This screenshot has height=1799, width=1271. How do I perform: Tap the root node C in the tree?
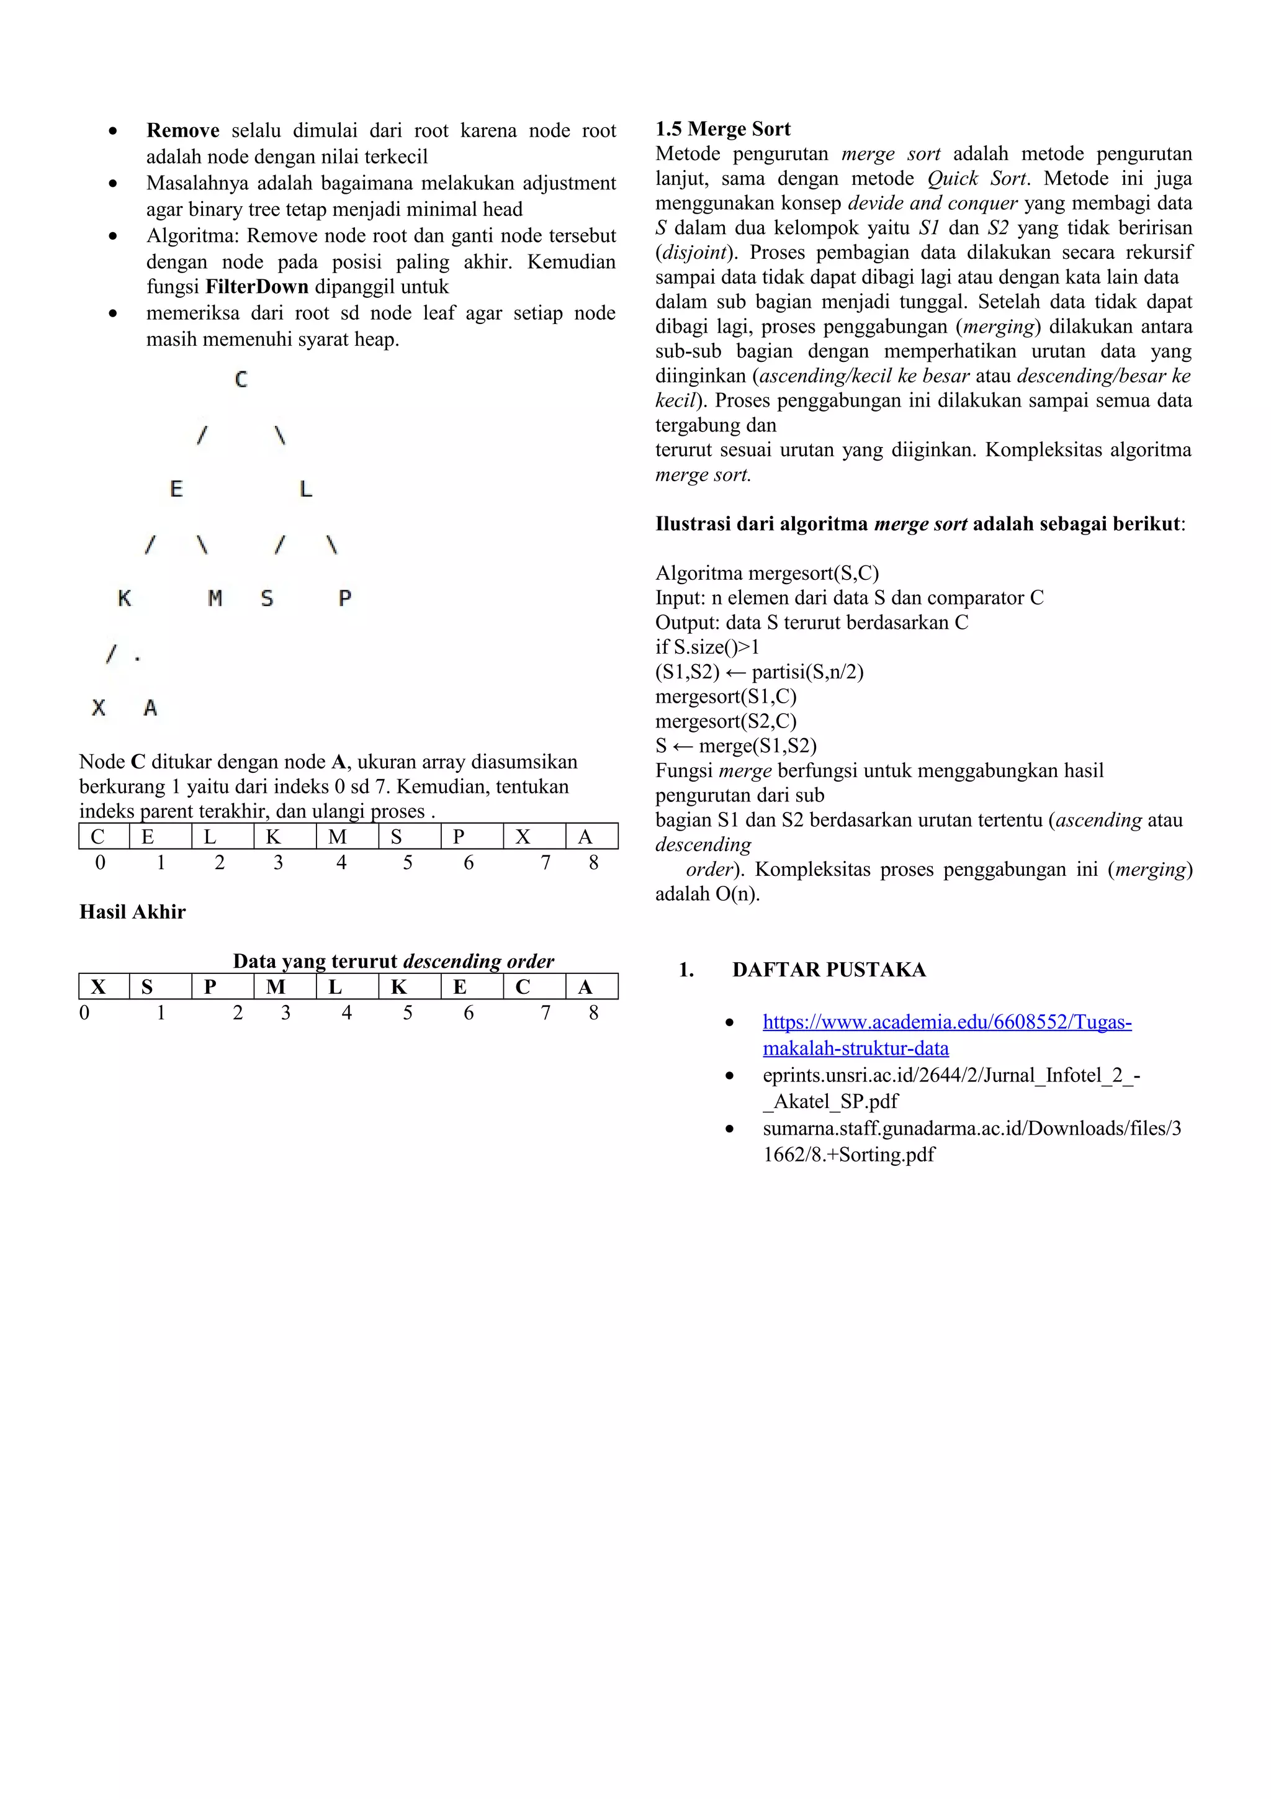click(241, 379)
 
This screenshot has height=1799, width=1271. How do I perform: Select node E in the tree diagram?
click(176, 489)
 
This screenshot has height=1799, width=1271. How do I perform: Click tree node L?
click(305, 489)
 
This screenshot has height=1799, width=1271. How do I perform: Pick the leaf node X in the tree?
click(99, 708)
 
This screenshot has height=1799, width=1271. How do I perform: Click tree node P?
click(344, 598)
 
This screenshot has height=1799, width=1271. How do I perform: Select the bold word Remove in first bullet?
click(182, 131)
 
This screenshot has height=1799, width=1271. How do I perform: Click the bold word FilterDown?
click(257, 287)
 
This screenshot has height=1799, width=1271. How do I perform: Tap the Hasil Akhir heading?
click(132, 912)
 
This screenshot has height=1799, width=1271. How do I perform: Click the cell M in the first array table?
click(338, 837)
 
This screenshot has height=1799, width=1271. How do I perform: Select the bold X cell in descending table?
click(99, 987)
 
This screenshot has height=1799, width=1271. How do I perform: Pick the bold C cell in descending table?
click(523, 987)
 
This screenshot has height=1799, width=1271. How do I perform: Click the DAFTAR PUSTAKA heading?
click(829, 970)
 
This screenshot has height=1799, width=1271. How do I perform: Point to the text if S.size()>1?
click(707, 647)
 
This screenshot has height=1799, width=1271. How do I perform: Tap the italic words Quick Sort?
click(976, 179)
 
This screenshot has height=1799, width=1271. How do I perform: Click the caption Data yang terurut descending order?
click(393, 962)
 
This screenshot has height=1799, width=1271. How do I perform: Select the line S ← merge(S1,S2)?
click(735, 746)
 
